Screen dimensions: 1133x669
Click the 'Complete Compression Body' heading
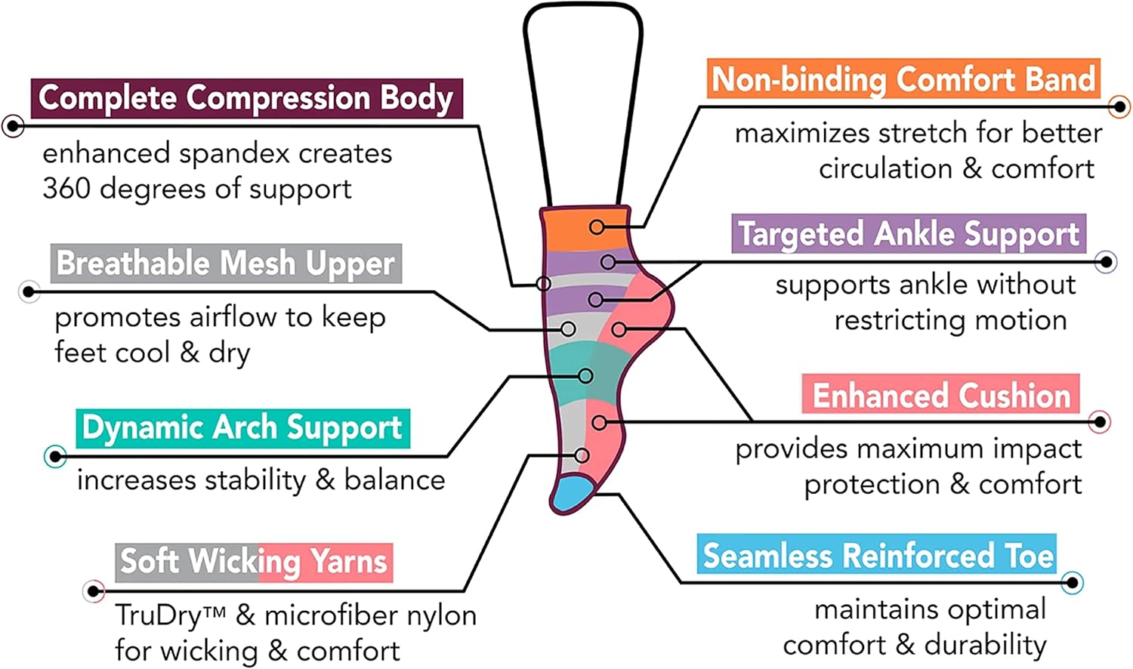pos(246,97)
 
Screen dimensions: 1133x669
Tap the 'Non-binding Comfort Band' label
pos(903,79)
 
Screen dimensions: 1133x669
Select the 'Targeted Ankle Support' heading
pos(909,233)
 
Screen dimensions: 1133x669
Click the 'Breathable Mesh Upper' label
pos(226,263)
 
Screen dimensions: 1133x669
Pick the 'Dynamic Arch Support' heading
pos(242,428)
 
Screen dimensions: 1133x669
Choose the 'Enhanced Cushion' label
pos(941,394)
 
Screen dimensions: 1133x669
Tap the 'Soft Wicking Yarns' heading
pos(254,563)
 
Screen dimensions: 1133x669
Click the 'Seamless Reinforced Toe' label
pos(876,554)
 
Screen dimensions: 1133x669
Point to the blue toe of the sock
pos(573,493)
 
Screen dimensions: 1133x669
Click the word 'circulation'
pos(885,169)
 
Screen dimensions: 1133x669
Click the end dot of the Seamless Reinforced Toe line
pos(1072,583)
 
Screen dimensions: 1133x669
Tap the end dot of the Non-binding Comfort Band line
pos(1119,107)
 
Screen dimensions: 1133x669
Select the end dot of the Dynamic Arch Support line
pos(55,457)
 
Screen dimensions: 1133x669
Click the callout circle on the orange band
pos(597,227)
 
